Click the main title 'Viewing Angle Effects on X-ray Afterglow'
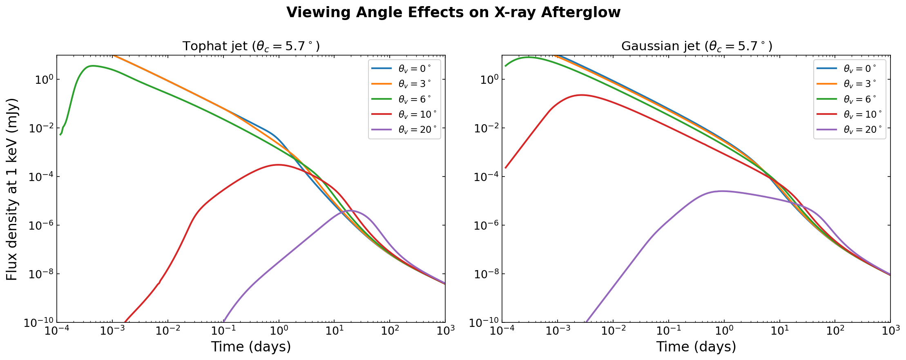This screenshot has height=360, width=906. pyautogui.click(x=453, y=13)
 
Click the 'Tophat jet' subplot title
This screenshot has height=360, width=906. pyautogui.click(x=251, y=46)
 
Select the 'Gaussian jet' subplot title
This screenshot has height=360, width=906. pyautogui.click(x=696, y=46)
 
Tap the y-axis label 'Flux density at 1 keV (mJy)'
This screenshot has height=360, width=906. pyautogui.click(x=12, y=189)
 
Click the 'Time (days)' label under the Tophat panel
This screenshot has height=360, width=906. pyautogui.click(x=251, y=347)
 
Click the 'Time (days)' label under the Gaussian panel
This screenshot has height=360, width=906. pyautogui.click(x=696, y=347)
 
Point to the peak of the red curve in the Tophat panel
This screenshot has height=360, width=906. pyautogui.click(x=278, y=165)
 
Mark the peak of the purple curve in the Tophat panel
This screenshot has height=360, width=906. pyautogui.click(x=352, y=211)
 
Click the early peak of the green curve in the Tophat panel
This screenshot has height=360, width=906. pyautogui.click(x=93, y=65)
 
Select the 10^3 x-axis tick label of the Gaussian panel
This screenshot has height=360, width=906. pyautogui.click(x=890, y=332)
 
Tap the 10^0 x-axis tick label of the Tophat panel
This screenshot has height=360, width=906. pyautogui.click(x=279, y=332)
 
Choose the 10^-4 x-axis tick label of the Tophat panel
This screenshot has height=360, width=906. pyautogui.click(x=57, y=332)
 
